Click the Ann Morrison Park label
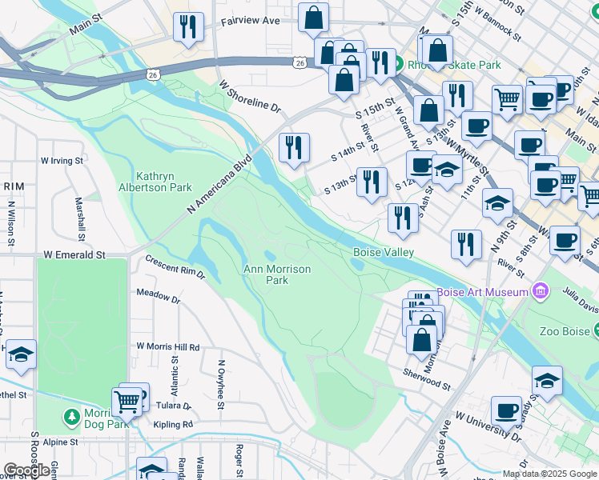276,274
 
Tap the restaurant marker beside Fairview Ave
188,26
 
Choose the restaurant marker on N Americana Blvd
294,146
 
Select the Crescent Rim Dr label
175,267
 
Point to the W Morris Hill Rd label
167,347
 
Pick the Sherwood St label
426,378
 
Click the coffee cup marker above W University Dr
506,411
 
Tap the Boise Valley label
384,252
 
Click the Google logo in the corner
26,470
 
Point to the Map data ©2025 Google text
549,474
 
